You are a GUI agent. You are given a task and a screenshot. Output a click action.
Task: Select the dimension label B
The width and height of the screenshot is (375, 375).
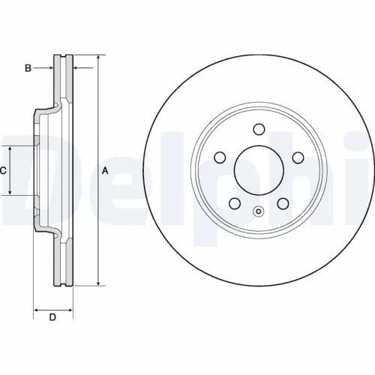pyautogui.click(x=28, y=68)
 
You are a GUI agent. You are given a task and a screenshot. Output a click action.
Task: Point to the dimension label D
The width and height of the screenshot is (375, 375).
pyautogui.click(x=52, y=317)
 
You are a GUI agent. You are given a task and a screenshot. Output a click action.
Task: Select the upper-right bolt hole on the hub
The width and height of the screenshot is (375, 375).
pyautogui.click(x=297, y=157)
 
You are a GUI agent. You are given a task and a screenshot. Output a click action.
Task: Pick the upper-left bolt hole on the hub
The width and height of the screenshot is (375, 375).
pyautogui.click(x=220, y=157)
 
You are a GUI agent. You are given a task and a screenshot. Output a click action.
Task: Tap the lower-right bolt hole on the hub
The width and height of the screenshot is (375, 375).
pyautogui.click(x=283, y=202)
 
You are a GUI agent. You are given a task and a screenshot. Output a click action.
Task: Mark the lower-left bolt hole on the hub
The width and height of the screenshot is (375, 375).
pyautogui.click(x=235, y=202)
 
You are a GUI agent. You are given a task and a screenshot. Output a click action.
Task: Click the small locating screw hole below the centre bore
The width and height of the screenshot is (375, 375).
pyautogui.click(x=259, y=211)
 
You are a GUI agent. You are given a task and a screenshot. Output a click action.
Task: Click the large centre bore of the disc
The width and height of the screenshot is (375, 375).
pyautogui.click(x=259, y=169)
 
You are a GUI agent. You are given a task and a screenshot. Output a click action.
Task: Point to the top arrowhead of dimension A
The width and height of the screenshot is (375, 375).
pyautogui.click(x=97, y=58)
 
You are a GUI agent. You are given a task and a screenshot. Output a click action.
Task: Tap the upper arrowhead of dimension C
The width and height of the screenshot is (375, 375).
pyautogui.click(x=10, y=148)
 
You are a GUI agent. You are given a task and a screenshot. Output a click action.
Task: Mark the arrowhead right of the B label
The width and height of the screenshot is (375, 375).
pyautogui.click(x=51, y=68)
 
